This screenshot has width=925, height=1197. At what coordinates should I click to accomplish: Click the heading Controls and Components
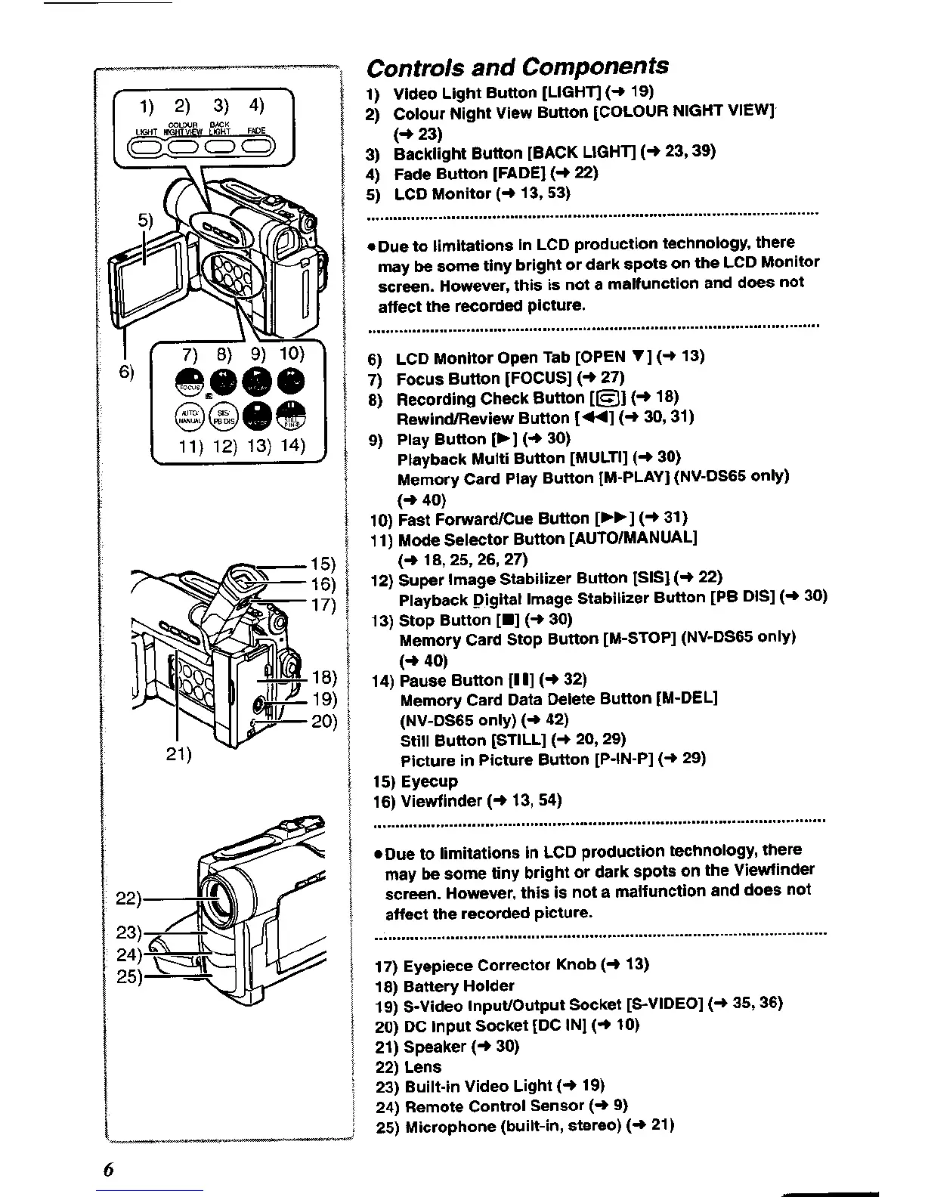click(x=518, y=66)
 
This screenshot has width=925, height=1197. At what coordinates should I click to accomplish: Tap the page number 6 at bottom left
click(x=109, y=1170)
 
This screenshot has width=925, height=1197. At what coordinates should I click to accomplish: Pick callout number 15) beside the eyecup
click(x=323, y=563)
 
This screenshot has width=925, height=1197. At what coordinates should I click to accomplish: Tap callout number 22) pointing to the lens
click(x=128, y=899)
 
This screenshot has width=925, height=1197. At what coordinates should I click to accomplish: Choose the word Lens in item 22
click(x=422, y=1066)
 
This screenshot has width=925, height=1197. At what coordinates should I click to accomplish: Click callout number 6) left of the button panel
click(x=126, y=372)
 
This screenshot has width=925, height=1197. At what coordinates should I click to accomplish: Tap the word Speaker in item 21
click(x=435, y=1047)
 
